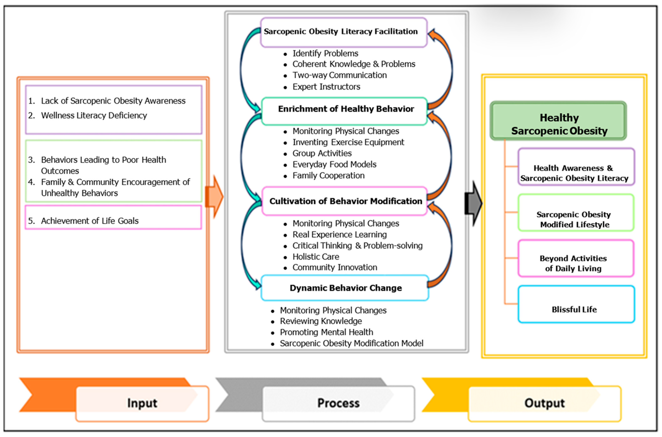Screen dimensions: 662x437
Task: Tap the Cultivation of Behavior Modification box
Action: (x=344, y=201)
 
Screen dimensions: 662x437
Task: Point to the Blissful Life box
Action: (x=576, y=304)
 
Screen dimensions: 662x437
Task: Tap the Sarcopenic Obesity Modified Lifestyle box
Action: (x=576, y=212)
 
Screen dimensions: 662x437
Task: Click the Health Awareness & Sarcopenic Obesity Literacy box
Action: (x=576, y=167)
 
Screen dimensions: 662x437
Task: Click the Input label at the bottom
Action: (x=142, y=403)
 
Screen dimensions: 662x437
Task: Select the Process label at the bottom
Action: (x=339, y=403)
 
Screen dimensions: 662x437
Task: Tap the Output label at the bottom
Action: (x=544, y=403)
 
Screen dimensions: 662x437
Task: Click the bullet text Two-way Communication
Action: (x=339, y=75)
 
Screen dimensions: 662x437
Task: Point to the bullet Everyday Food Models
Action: (x=334, y=164)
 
